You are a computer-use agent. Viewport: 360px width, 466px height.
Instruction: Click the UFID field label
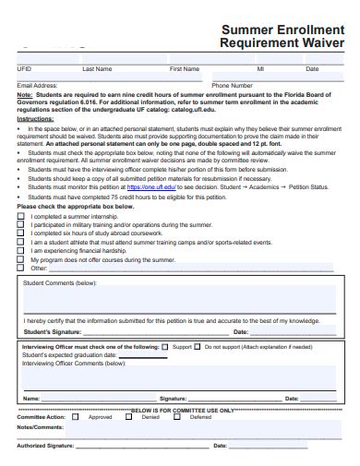point(24,69)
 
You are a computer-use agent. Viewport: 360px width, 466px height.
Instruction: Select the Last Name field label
point(97,69)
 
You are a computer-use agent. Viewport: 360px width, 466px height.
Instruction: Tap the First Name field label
point(184,69)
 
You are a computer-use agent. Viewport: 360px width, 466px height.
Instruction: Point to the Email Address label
point(38,85)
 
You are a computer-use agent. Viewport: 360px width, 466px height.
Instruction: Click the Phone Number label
point(232,85)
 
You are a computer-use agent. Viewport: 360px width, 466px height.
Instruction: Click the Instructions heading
point(36,119)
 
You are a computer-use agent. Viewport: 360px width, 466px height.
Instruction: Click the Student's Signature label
point(51,330)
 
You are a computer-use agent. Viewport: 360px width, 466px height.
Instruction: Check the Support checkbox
point(165,347)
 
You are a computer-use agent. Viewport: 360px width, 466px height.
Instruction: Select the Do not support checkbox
point(198,347)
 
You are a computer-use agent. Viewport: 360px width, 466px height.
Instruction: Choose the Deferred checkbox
point(182,416)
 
